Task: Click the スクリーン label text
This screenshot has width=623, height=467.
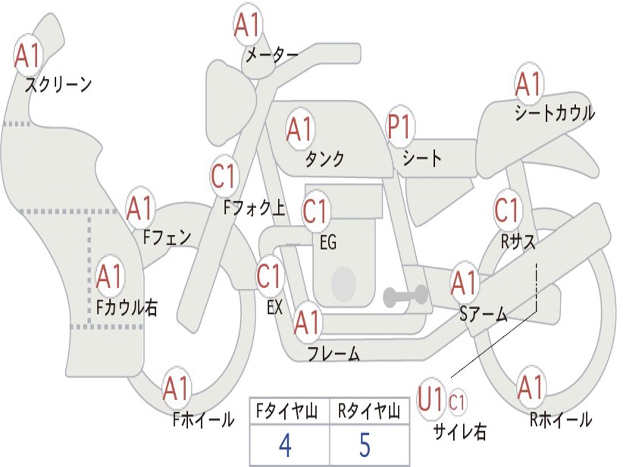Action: click(58, 85)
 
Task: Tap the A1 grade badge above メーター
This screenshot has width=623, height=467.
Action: click(247, 26)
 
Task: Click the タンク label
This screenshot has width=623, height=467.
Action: click(324, 159)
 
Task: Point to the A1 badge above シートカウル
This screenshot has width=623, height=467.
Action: click(528, 85)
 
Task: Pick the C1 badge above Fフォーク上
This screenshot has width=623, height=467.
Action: click(223, 177)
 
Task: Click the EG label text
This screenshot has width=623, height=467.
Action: click(328, 242)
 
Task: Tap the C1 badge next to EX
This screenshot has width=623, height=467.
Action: click(269, 277)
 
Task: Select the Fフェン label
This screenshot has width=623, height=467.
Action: click(167, 236)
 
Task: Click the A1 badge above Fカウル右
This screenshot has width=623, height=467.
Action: click(110, 277)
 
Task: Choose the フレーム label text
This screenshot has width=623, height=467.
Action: click(333, 353)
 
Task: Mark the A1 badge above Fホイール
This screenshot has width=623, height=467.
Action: click(176, 389)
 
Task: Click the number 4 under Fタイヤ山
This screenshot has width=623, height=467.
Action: click(285, 446)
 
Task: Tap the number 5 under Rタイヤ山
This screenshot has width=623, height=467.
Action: click(364, 446)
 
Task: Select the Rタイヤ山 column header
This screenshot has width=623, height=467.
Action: click(369, 413)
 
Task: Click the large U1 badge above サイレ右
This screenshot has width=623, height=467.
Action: click(431, 401)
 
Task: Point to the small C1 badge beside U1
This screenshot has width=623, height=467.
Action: click(457, 402)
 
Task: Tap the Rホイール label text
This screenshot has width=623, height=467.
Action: click(560, 419)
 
